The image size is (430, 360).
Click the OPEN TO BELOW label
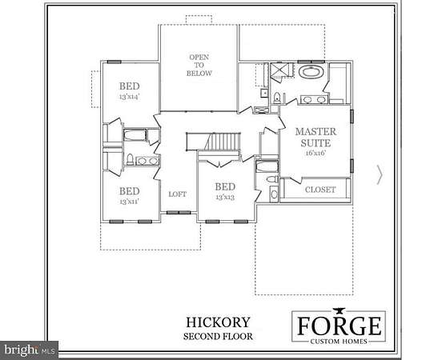coord(199,66)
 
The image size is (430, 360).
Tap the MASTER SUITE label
coord(315,138)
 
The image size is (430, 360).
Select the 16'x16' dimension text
coord(315,153)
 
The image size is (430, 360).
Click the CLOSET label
coord(320,190)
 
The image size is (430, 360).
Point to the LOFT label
coord(178,194)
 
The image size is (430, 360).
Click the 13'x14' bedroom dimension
coord(130,97)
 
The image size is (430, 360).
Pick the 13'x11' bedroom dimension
coord(130,202)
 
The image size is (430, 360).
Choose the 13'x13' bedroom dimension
coord(225,198)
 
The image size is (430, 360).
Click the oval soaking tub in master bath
coord(311,72)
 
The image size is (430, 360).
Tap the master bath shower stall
coord(279,70)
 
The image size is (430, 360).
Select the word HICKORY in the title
coord(219,322)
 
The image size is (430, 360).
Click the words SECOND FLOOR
coord(219,337)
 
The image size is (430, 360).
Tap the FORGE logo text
coord(340,326)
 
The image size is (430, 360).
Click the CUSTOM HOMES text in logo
coord(339,342)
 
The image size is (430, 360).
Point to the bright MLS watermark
coord(29,350)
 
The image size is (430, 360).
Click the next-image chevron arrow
coord(380,174)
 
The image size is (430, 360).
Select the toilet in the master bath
coord(277,98)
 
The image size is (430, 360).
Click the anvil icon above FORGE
coord(340,311)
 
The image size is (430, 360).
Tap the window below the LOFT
coord(179,212)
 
